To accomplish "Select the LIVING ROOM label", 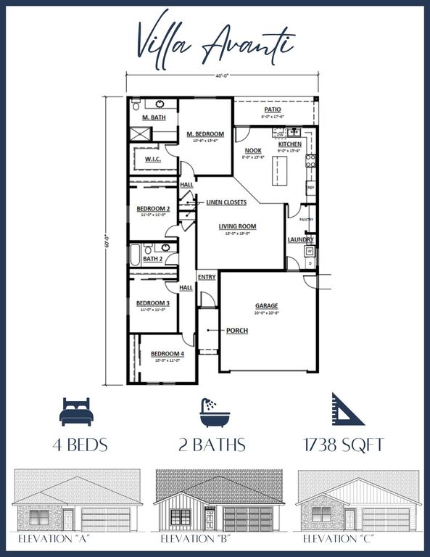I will [x=238, y=226].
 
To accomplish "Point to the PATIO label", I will [x=272, y=110].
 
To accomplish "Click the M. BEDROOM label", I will [x=205, y=134].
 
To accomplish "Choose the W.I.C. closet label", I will [x=152, y=160].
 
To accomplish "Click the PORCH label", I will [x=236, y=331].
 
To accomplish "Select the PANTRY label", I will [x=306, y=219].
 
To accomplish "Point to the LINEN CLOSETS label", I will [x=226, y=202].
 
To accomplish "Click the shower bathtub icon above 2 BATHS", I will [x=214, y=410].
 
